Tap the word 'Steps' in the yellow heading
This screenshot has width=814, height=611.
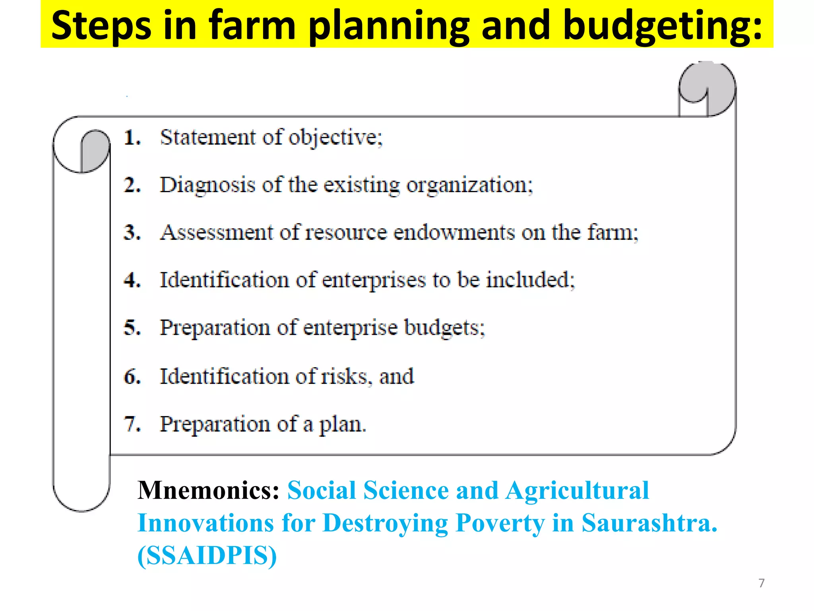click(101, 26)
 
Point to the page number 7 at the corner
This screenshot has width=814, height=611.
click(761, 583)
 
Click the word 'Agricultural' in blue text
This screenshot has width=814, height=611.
click(577, 490)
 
